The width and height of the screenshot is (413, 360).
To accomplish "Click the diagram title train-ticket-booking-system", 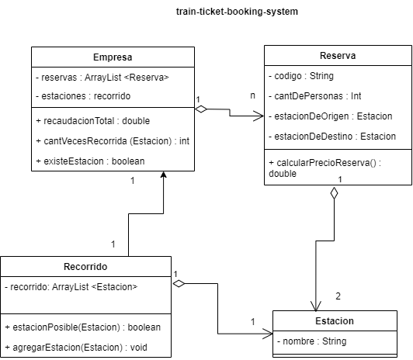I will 226,12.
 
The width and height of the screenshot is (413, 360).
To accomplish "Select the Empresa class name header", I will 113,57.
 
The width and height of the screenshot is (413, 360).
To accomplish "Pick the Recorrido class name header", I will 85,266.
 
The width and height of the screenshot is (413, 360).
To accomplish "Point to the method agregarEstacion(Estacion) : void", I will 75,346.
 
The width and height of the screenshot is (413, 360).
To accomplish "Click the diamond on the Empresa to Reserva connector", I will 202,109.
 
